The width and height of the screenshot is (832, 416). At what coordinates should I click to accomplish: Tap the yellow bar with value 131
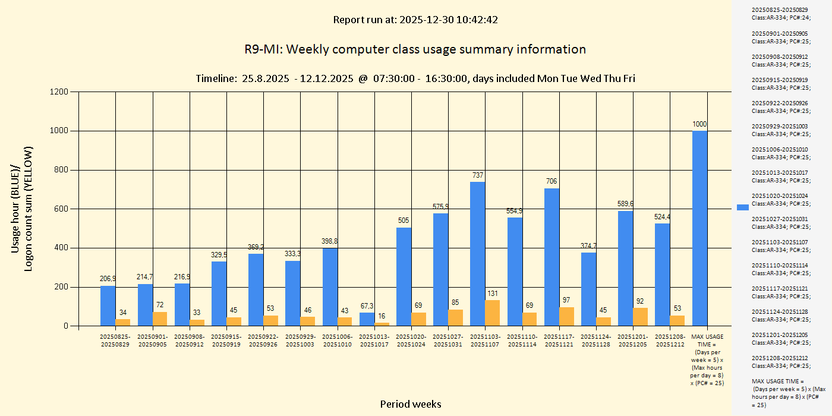pos(492,313)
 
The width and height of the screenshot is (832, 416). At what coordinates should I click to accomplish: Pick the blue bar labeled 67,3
pos(367,319)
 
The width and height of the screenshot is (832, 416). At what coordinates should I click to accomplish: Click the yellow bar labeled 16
pos(382,324)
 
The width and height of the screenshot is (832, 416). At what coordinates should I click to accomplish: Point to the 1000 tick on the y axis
pos(61,131)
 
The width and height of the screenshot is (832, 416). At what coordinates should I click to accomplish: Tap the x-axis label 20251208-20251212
pos(670,341)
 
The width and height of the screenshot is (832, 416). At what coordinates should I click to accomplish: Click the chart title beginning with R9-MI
pos(415,49)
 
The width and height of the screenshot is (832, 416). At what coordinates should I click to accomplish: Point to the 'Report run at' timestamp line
pos(415,20)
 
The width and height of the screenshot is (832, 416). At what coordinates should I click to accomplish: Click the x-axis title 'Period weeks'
pos(411,404)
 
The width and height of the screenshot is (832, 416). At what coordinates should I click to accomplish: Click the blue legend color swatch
pos(743,207)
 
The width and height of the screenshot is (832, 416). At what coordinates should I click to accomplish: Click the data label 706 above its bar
pos(551,181)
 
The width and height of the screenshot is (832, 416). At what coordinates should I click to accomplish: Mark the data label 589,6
pos(625,204)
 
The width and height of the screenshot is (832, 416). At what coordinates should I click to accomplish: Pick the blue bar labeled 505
pos(404,276)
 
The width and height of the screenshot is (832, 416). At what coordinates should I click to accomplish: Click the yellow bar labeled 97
pos(566,316)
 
